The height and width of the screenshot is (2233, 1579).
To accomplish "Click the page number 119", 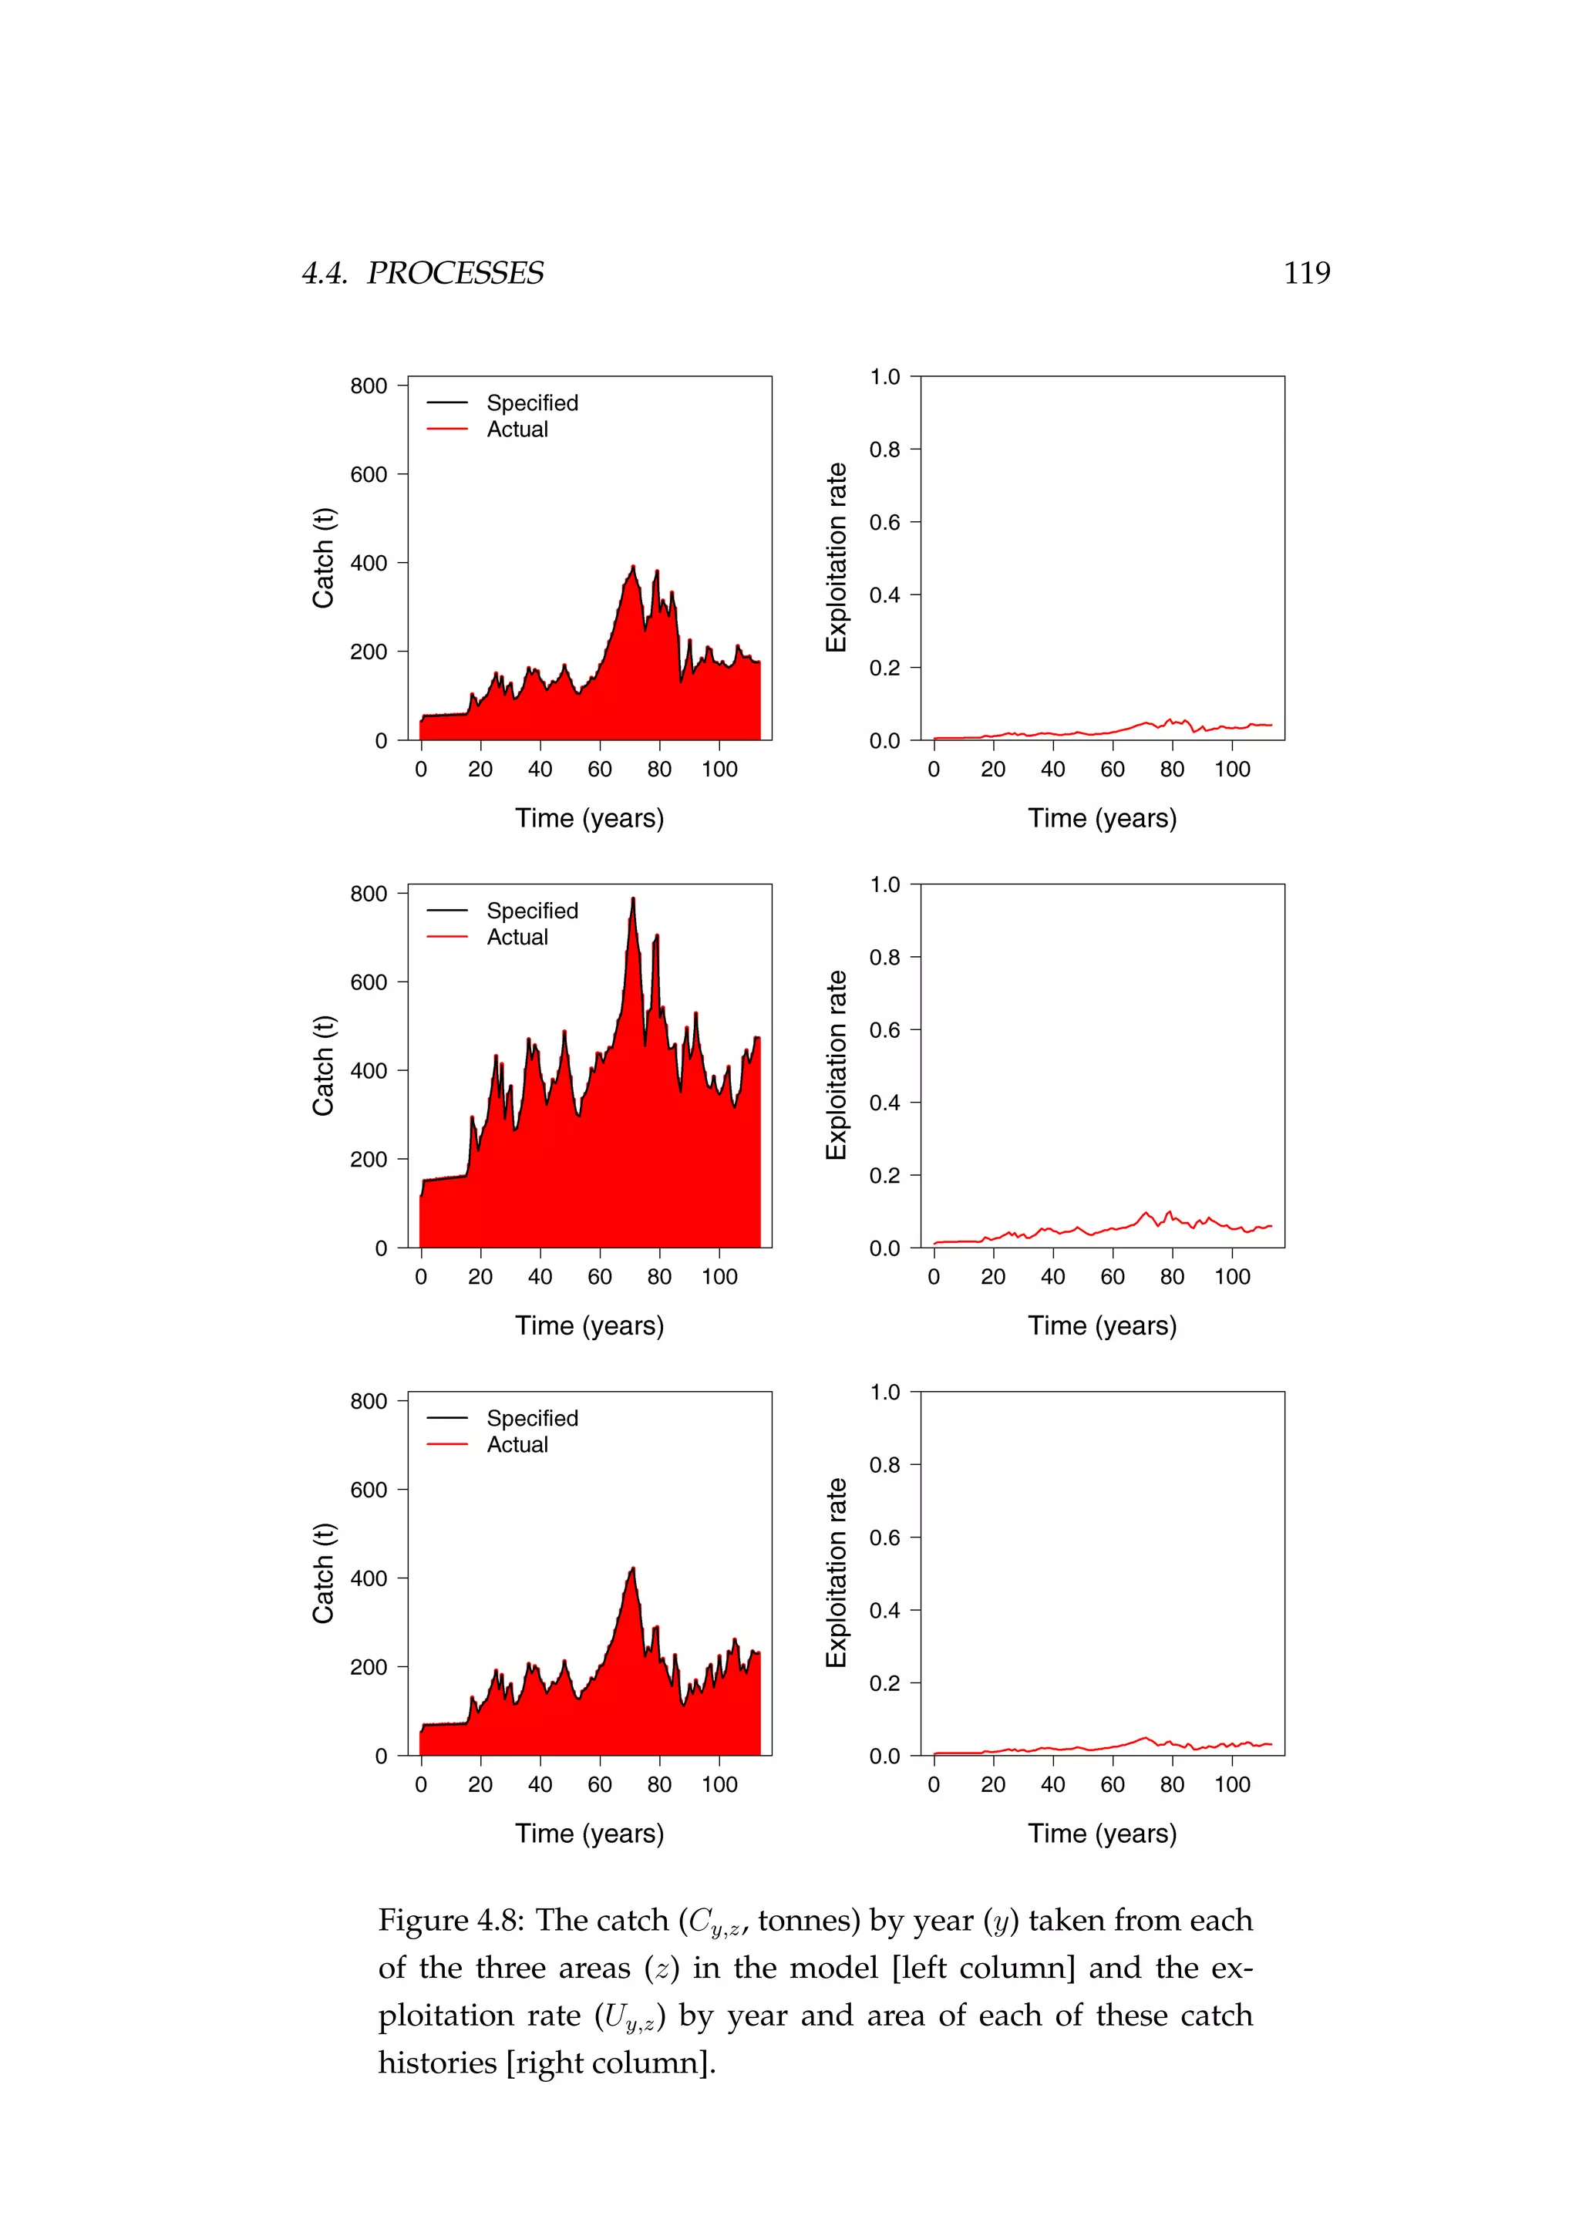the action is click(x=1306, y=273).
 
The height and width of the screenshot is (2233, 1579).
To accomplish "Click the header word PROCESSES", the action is click(x=455, y=273).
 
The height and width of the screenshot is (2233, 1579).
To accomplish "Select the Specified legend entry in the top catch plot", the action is click(x=532, y=402).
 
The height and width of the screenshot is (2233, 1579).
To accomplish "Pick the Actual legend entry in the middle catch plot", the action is click(x=517, y=937).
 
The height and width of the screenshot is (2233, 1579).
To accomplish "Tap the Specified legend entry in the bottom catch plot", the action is click(x=532, y=1418).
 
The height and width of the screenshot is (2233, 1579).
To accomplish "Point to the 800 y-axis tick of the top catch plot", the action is click(x=369, y=386).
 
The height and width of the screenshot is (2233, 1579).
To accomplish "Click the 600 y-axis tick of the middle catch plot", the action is click(x=369, y=982).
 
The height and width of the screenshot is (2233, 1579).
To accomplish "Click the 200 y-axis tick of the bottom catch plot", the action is click(x=369, y=1667).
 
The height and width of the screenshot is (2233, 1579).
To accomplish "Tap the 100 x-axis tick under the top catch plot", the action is click(x=719, y=770).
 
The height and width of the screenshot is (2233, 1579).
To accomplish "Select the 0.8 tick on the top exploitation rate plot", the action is click(x=885, y=450).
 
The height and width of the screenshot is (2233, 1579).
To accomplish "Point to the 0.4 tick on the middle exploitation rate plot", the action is click(x=885, y=1103).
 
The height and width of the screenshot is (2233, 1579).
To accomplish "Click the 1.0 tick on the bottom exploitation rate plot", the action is click(x=885, y=1392).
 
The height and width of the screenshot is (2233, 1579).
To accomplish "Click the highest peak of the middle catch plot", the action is click(x=633, y=900).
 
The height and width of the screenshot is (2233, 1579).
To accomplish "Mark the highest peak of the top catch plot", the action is click(x=633, y=567).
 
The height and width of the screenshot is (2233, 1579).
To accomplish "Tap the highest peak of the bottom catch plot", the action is click(x=633, y=1570).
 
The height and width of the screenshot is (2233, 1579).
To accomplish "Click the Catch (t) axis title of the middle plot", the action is click(x=323, y=1066).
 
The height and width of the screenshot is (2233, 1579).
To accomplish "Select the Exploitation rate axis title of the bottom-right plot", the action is click(x=837, y=1573).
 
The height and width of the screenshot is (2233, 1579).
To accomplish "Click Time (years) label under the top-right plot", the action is click(x=1103, y=818).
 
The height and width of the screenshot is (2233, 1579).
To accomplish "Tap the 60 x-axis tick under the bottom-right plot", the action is click(x=1113, y=1785).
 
